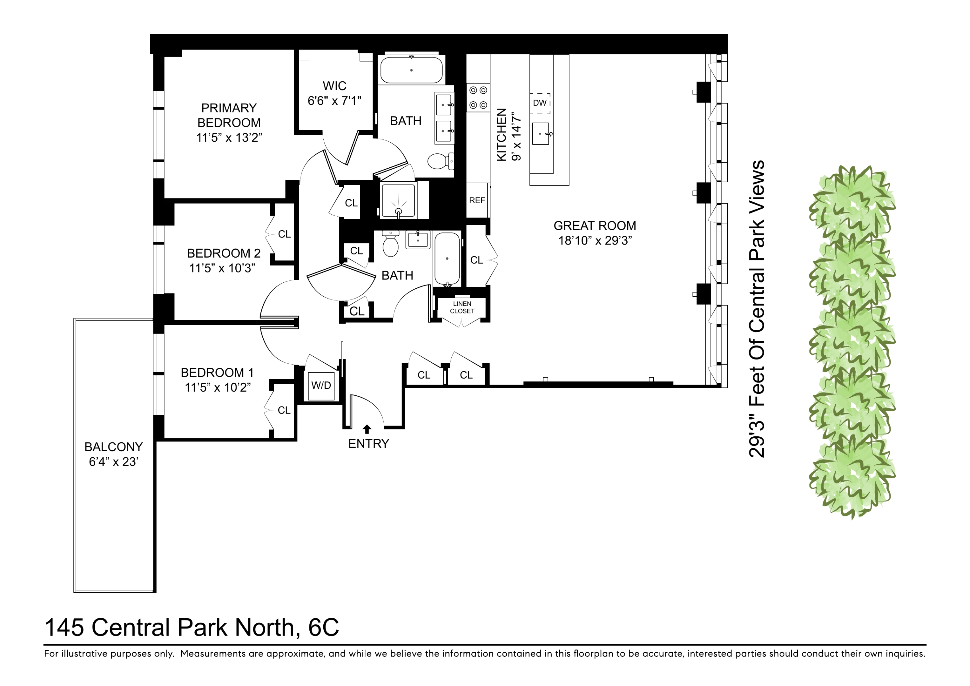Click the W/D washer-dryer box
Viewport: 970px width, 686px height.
321,385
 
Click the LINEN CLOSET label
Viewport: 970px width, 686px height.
462,307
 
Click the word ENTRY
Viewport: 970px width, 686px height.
368,444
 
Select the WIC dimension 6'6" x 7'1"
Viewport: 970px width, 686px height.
334,101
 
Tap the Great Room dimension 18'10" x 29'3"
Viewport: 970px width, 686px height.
595,241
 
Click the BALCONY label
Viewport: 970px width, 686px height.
113,447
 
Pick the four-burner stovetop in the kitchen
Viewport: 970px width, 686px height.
478,98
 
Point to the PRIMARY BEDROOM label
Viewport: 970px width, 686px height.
229,115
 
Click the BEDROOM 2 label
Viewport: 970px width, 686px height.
224,253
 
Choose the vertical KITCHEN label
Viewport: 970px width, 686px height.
501,134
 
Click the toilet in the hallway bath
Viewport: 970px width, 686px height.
391,246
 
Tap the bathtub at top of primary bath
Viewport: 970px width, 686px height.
411,70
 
